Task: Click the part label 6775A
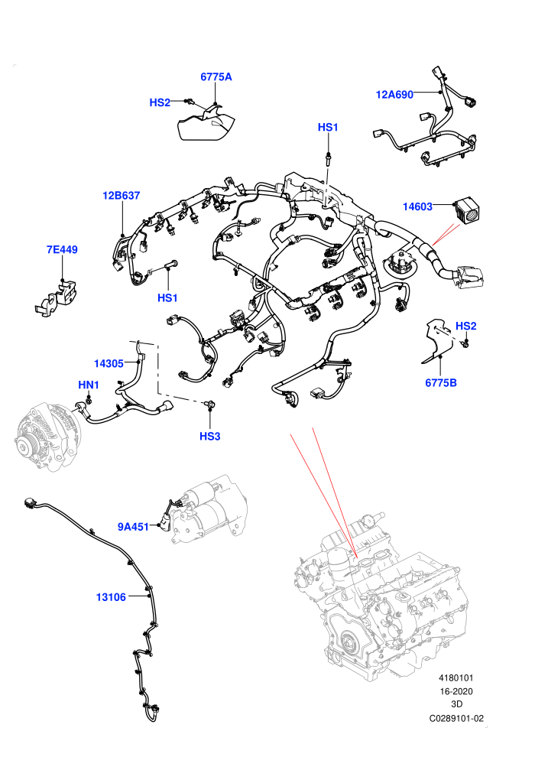[216, 76]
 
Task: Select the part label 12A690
[394, 95]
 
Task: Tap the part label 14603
[417, 206]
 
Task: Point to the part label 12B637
[121, 196]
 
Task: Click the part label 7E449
[62, 249]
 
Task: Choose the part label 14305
[109, 363]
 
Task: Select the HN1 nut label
[89, 385]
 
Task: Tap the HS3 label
[210, 437]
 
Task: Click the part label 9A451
[133, 527]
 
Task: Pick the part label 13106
[111, 597]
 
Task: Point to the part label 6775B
[440, 383]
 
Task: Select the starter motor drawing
[207, 512]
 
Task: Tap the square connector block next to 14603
[468, 209]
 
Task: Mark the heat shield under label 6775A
[206, 125]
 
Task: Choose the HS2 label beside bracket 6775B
[465, 326]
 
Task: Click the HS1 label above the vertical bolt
[328, 128]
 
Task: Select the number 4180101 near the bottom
[456, 678]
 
